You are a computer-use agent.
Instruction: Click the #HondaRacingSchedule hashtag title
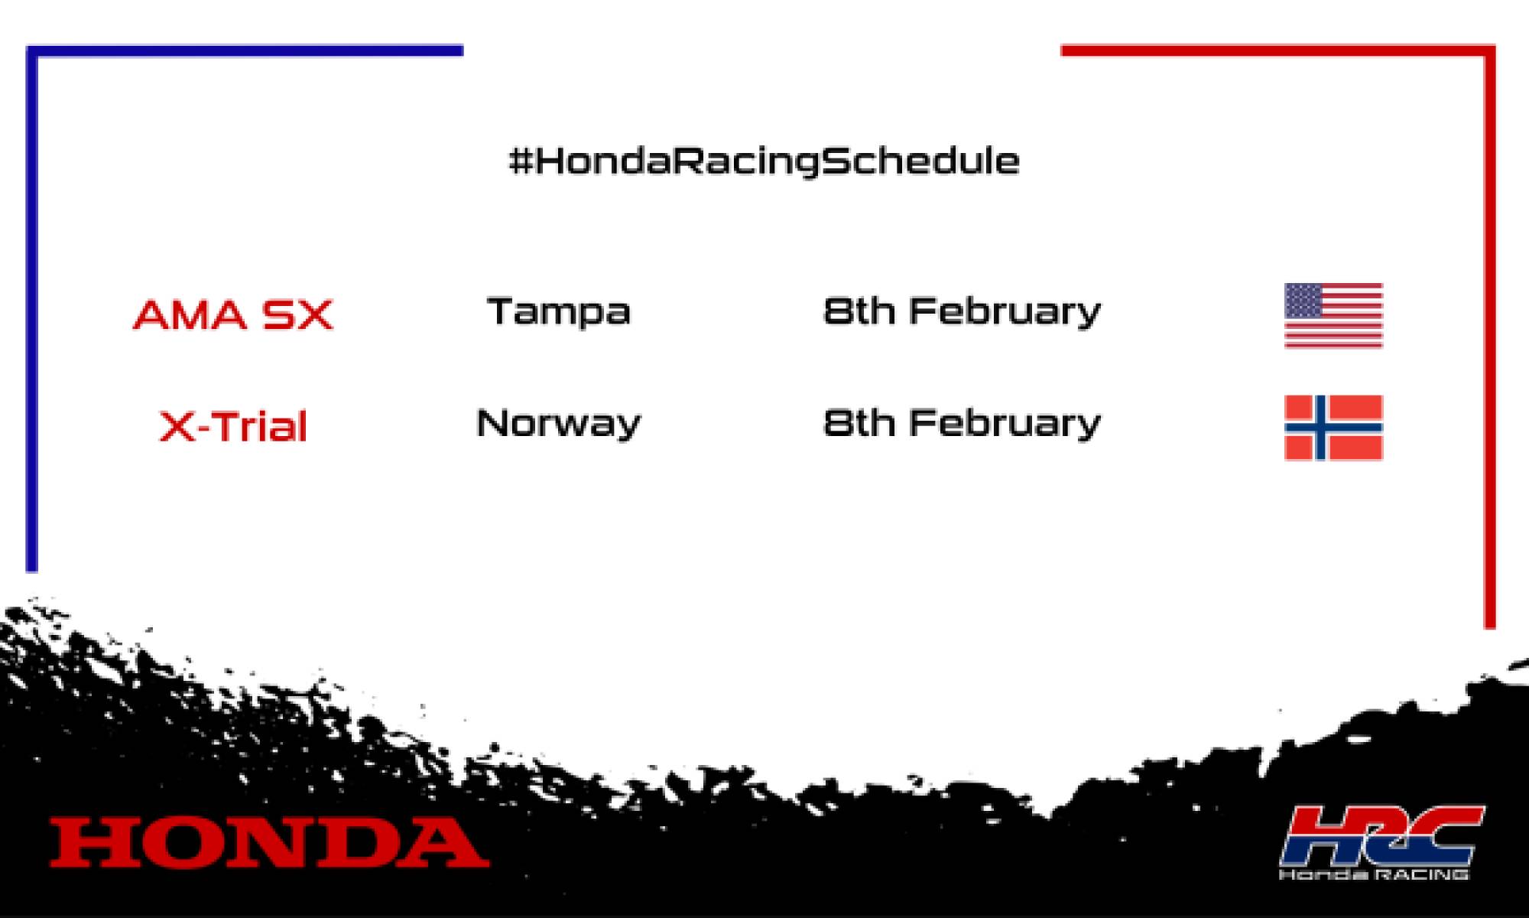pyautogui.click(x=764, y=161)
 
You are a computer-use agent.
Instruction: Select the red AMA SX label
pyautogui.click(x=233, y=314)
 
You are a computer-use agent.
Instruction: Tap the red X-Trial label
pyautogui.click(x=233, y=426)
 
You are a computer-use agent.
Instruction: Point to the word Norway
pyautogui.click(x=558, y=423)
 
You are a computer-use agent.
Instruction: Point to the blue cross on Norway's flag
pyautogui.click(x=1320, y=428)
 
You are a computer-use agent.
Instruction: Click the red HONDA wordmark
pyautogui.click(x=269, y=842)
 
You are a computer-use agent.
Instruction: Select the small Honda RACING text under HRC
pyautogui.click(x=1374, y=874)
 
